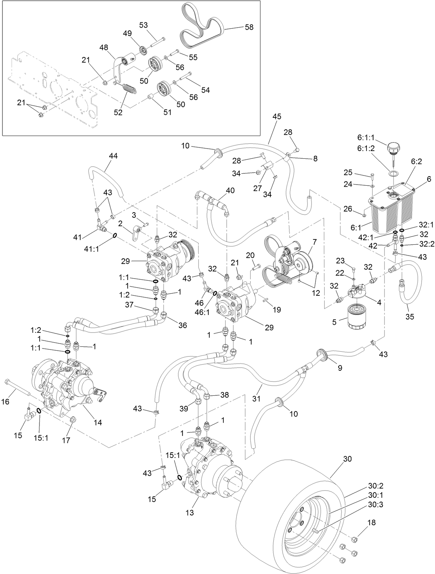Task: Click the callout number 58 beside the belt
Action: [249, 27]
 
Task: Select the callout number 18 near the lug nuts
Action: [371, 523]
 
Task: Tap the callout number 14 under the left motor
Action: [98, 423]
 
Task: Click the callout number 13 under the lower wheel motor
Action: [190, 513]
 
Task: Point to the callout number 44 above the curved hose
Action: [113, 156]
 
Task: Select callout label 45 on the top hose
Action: [277, 116]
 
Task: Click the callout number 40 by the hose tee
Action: [230, 191]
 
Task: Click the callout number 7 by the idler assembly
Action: [315, 242]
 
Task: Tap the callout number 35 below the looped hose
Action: [410, 316]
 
